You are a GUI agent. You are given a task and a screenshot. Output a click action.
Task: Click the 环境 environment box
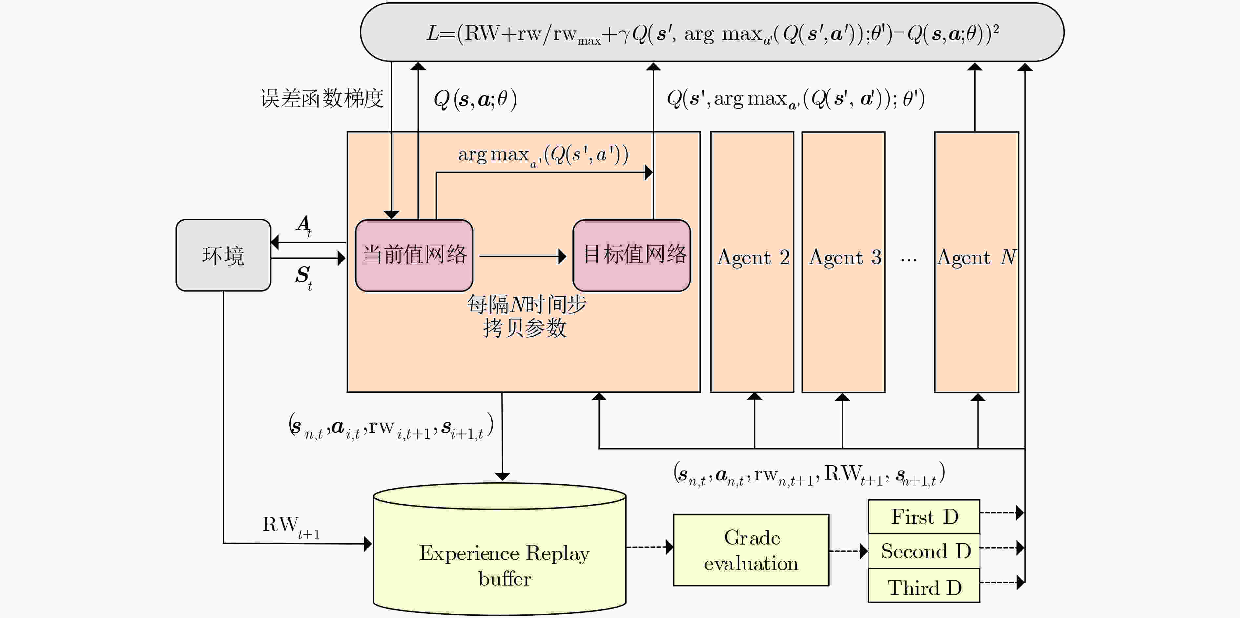[223, 255]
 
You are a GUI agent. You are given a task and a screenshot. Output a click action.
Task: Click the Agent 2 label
[753, 258]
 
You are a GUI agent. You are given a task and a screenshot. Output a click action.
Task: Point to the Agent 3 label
[845, 258]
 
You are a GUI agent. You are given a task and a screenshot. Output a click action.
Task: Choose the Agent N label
[977, 258]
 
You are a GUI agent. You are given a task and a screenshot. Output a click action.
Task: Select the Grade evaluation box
[751, 550]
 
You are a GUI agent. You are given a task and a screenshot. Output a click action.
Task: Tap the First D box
[924, 516]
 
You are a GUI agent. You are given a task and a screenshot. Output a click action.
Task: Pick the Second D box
[924, 551]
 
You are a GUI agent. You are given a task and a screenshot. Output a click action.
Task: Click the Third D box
[924, 585]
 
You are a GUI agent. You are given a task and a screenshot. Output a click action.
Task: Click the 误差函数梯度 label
[321, 99]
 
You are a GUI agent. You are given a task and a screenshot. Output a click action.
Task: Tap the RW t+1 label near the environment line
[291, 527]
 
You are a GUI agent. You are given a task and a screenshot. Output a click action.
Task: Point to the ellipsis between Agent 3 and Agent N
[909, 260]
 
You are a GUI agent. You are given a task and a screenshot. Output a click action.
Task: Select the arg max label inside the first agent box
[543, 155]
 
